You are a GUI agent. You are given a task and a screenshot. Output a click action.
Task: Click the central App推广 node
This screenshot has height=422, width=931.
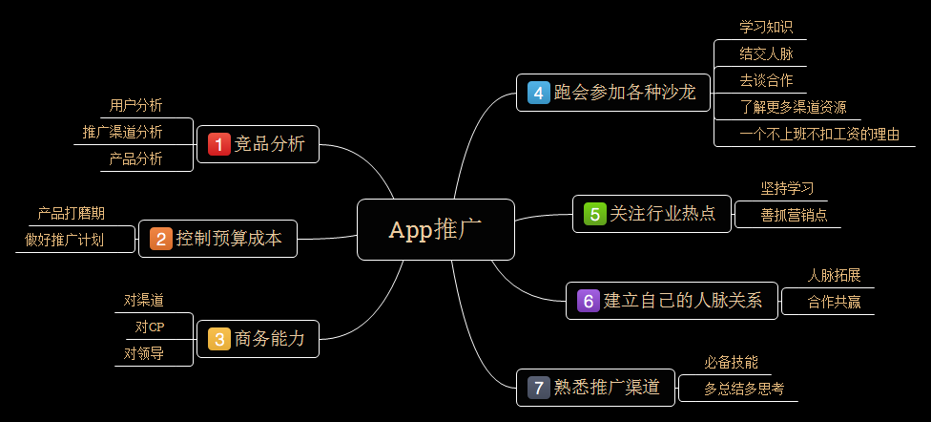pos(435,229)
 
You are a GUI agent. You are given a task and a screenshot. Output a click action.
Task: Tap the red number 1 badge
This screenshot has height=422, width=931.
pos(219,144)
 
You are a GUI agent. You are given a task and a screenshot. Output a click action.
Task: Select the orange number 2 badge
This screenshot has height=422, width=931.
pos(161,239)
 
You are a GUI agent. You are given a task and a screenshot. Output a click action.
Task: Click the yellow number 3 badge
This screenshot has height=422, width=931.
pos(219,338)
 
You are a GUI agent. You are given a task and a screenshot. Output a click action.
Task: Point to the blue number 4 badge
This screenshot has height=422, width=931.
pos(539,93)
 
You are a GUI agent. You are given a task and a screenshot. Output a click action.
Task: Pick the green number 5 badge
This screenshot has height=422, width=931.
pos(595,214)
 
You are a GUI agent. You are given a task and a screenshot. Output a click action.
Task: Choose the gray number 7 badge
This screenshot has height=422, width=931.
pos(539,388)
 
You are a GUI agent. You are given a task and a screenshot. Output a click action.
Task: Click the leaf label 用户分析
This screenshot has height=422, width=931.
pos(135,105)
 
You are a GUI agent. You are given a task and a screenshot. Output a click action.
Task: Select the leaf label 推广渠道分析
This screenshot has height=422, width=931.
pos(122,131)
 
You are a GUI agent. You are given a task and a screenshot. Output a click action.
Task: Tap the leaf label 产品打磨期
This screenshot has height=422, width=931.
pos(72,213)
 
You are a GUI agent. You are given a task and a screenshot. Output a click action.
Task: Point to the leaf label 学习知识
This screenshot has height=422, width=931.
pos(766,27)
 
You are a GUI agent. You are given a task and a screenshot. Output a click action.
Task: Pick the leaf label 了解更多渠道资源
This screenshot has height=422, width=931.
pos(793,107)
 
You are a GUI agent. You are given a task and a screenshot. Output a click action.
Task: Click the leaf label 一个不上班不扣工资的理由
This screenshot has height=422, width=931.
pos(819,134)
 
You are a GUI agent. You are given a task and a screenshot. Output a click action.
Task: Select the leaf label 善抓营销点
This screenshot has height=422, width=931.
pos(787,215)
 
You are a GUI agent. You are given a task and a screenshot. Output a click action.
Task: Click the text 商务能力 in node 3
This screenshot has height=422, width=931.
pos(270,338)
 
